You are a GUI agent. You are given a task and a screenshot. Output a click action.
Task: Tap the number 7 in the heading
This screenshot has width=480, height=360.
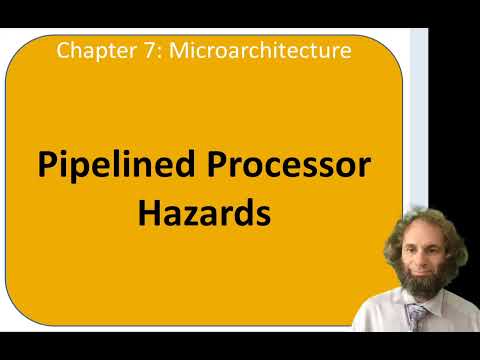coord(136,49)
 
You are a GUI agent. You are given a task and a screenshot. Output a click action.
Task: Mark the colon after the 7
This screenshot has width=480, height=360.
coord(144,50)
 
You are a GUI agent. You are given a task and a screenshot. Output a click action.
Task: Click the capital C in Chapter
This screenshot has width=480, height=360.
coord(64,49)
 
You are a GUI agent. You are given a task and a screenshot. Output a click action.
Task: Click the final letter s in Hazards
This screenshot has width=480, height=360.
coord(263,214)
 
